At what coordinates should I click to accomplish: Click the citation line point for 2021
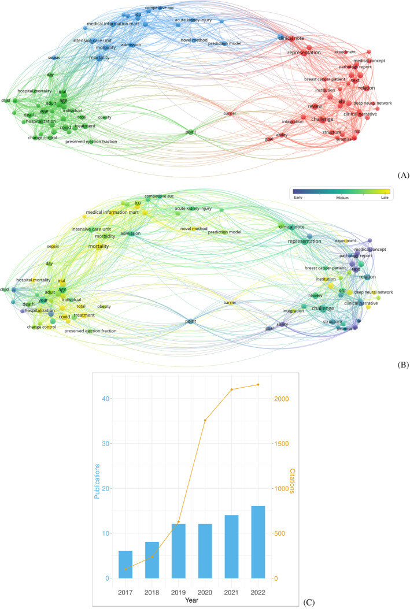point(231,389)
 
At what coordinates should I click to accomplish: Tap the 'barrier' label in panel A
point(230,113)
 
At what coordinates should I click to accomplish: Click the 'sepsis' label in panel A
point(54,58)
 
